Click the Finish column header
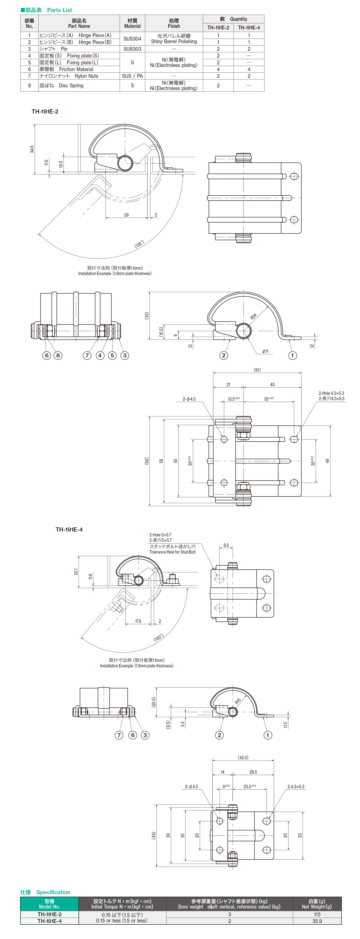174,23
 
